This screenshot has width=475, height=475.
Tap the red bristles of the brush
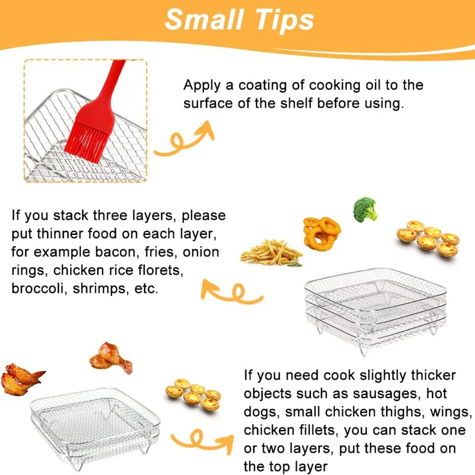[86, 141]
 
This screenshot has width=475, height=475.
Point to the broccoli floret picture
[365, 209]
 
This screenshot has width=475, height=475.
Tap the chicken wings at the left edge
[22, 378]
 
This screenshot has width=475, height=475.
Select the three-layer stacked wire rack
[375, 309]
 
